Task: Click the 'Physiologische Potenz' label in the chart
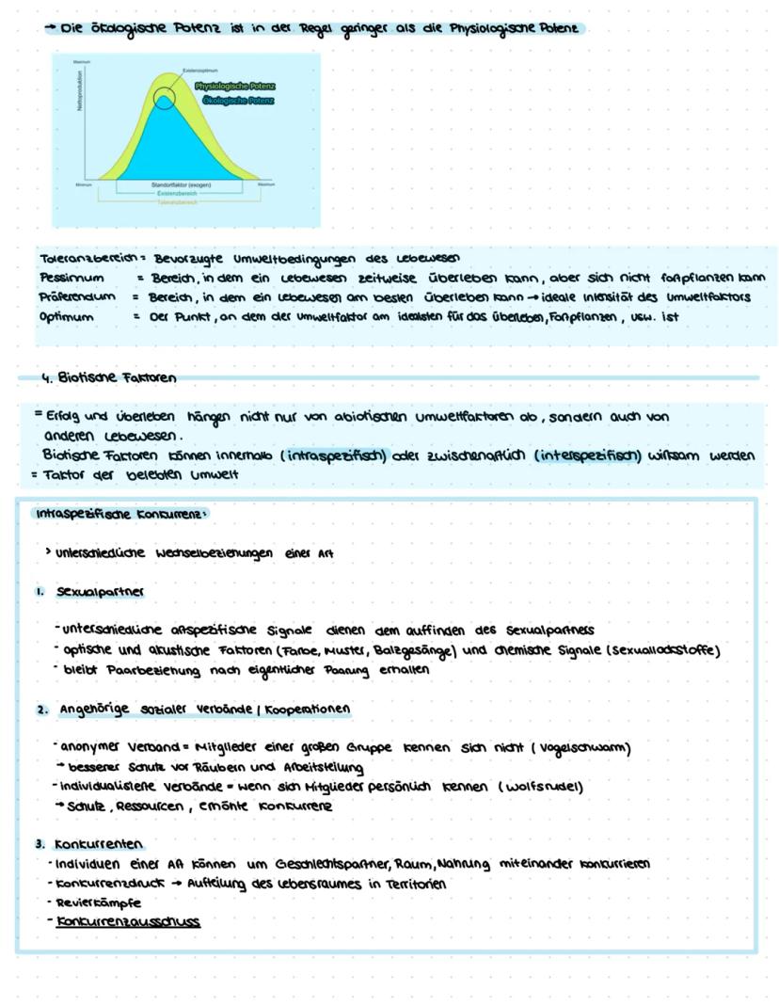(235, 87)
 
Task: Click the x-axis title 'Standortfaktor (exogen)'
(181, 185)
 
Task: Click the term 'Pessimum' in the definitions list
(66, 278)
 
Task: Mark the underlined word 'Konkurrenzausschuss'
(128, 922)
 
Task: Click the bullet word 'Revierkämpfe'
(95, 903)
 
